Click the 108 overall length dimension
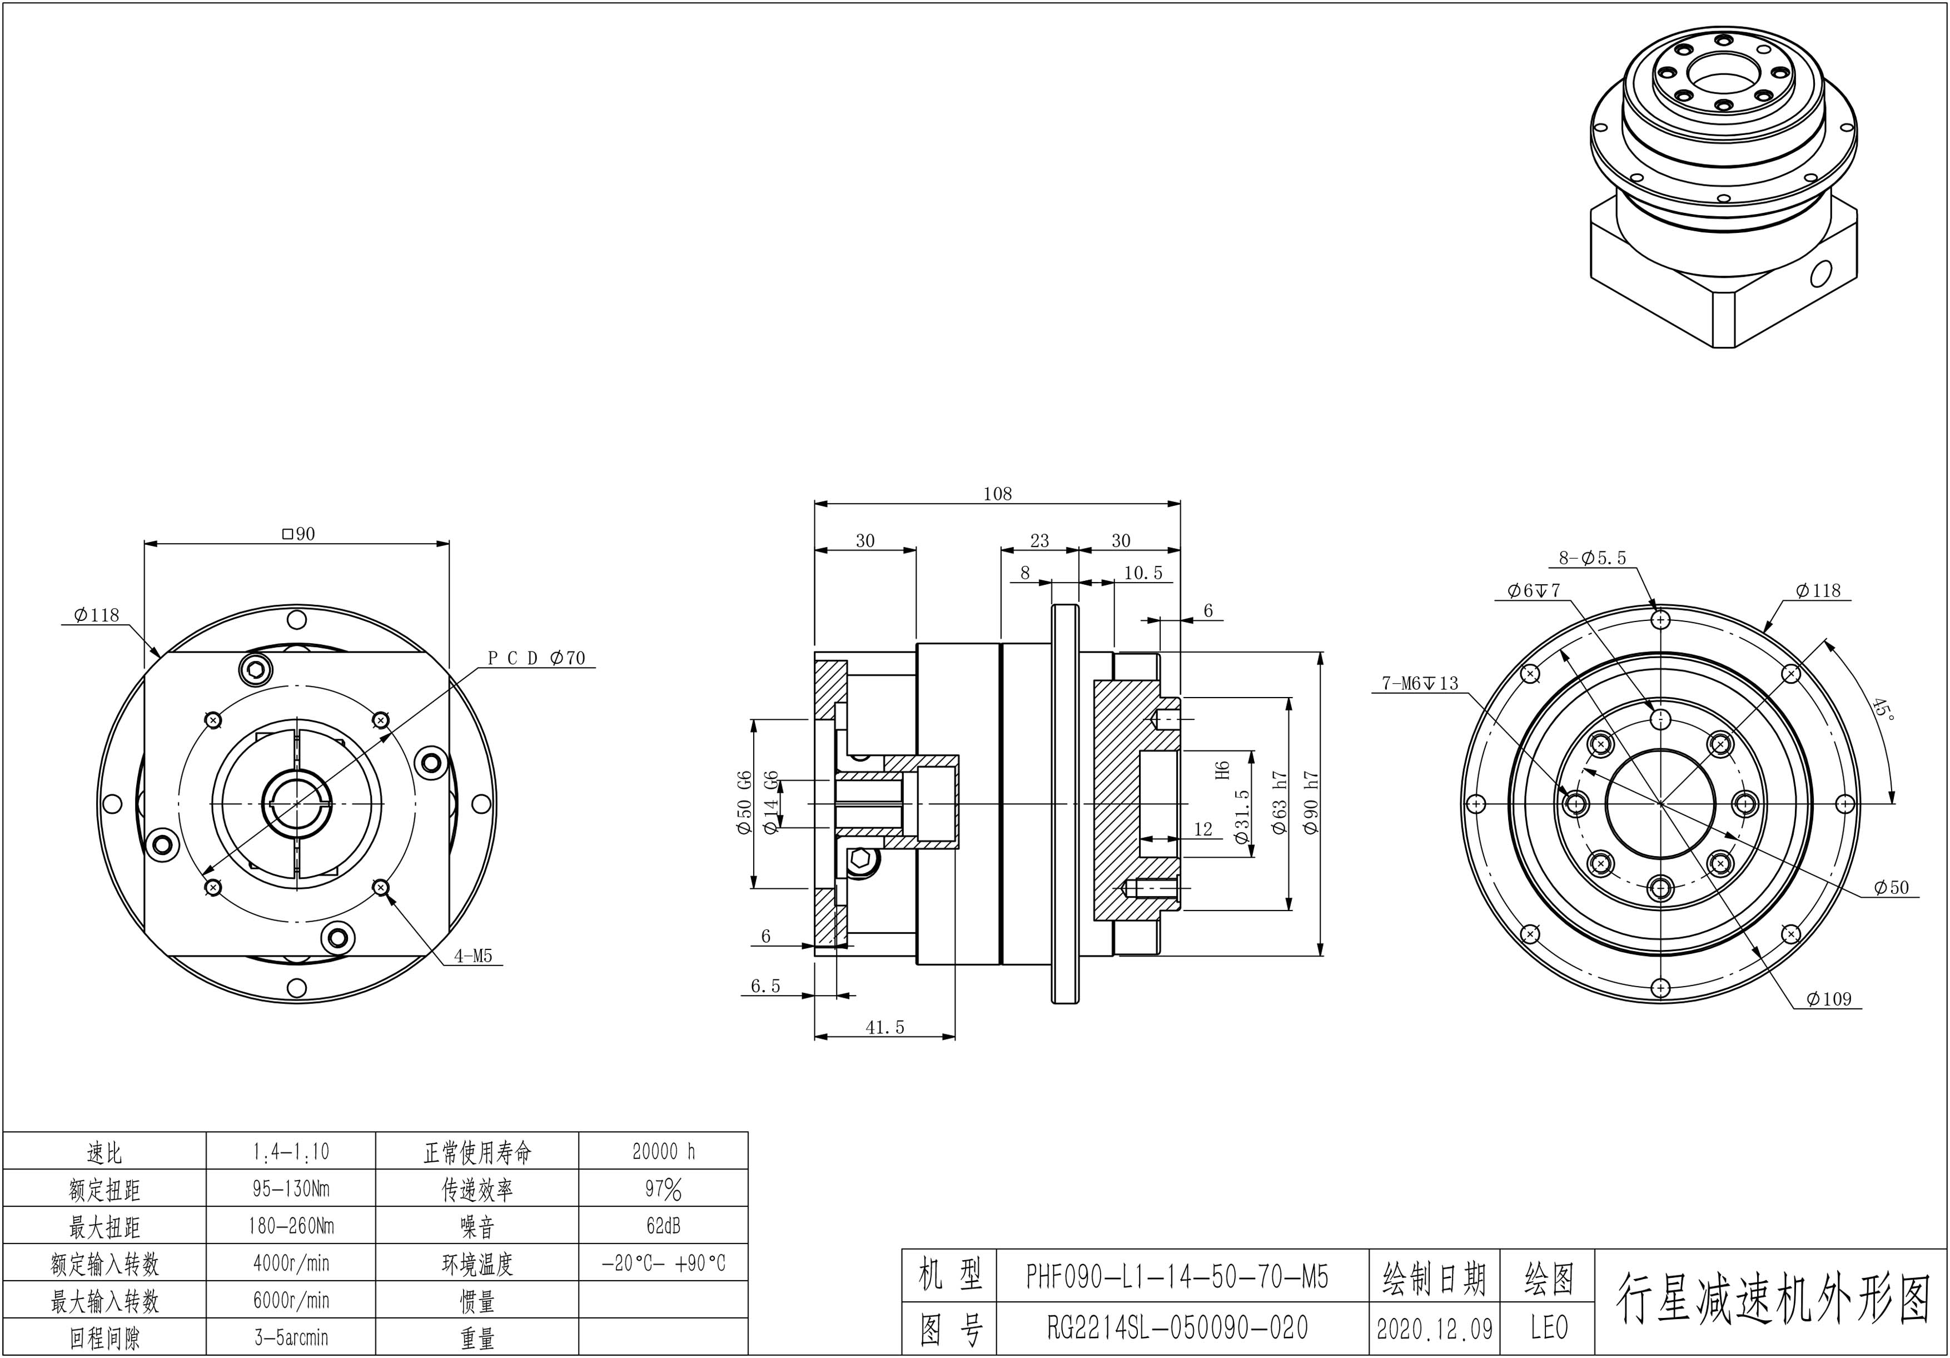(997, 494)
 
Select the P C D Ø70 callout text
(537, 658)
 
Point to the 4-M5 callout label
(473, 956)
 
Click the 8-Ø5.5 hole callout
(1593, 558)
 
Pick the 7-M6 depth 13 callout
(1420, 683)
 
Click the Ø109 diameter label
(1829, 999)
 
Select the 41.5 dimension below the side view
(885, 1027)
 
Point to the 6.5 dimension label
(765, 986)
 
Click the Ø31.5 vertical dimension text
(1242, 816)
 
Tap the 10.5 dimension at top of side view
(1143, 573)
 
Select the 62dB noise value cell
(663, 1226)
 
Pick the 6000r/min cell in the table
(291, 1300)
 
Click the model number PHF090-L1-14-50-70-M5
(1177, 1276)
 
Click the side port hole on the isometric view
(1821, 274)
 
